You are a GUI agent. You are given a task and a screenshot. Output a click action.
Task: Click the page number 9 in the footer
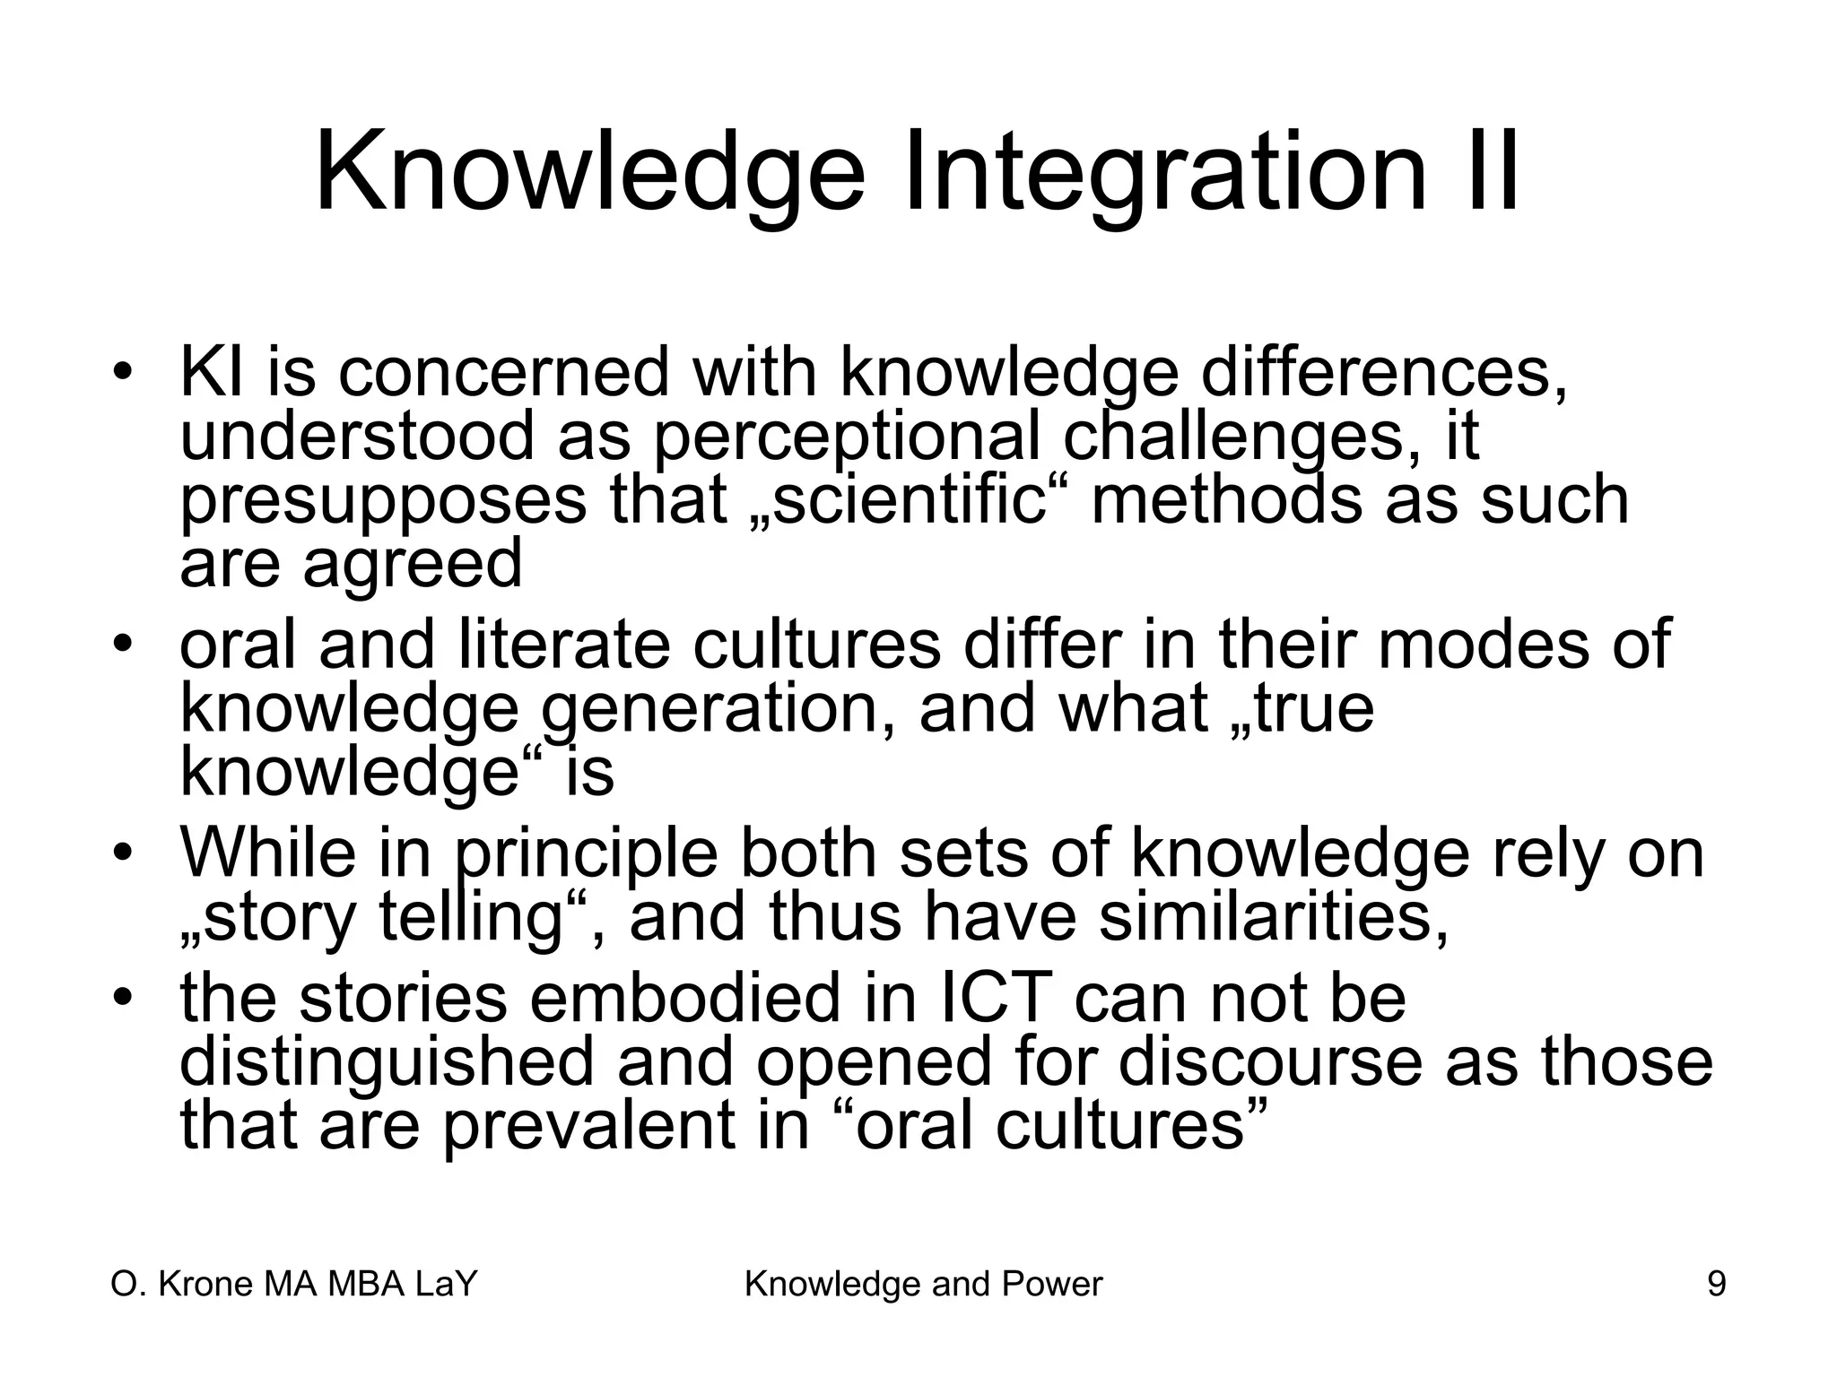pos(1716,1285)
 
